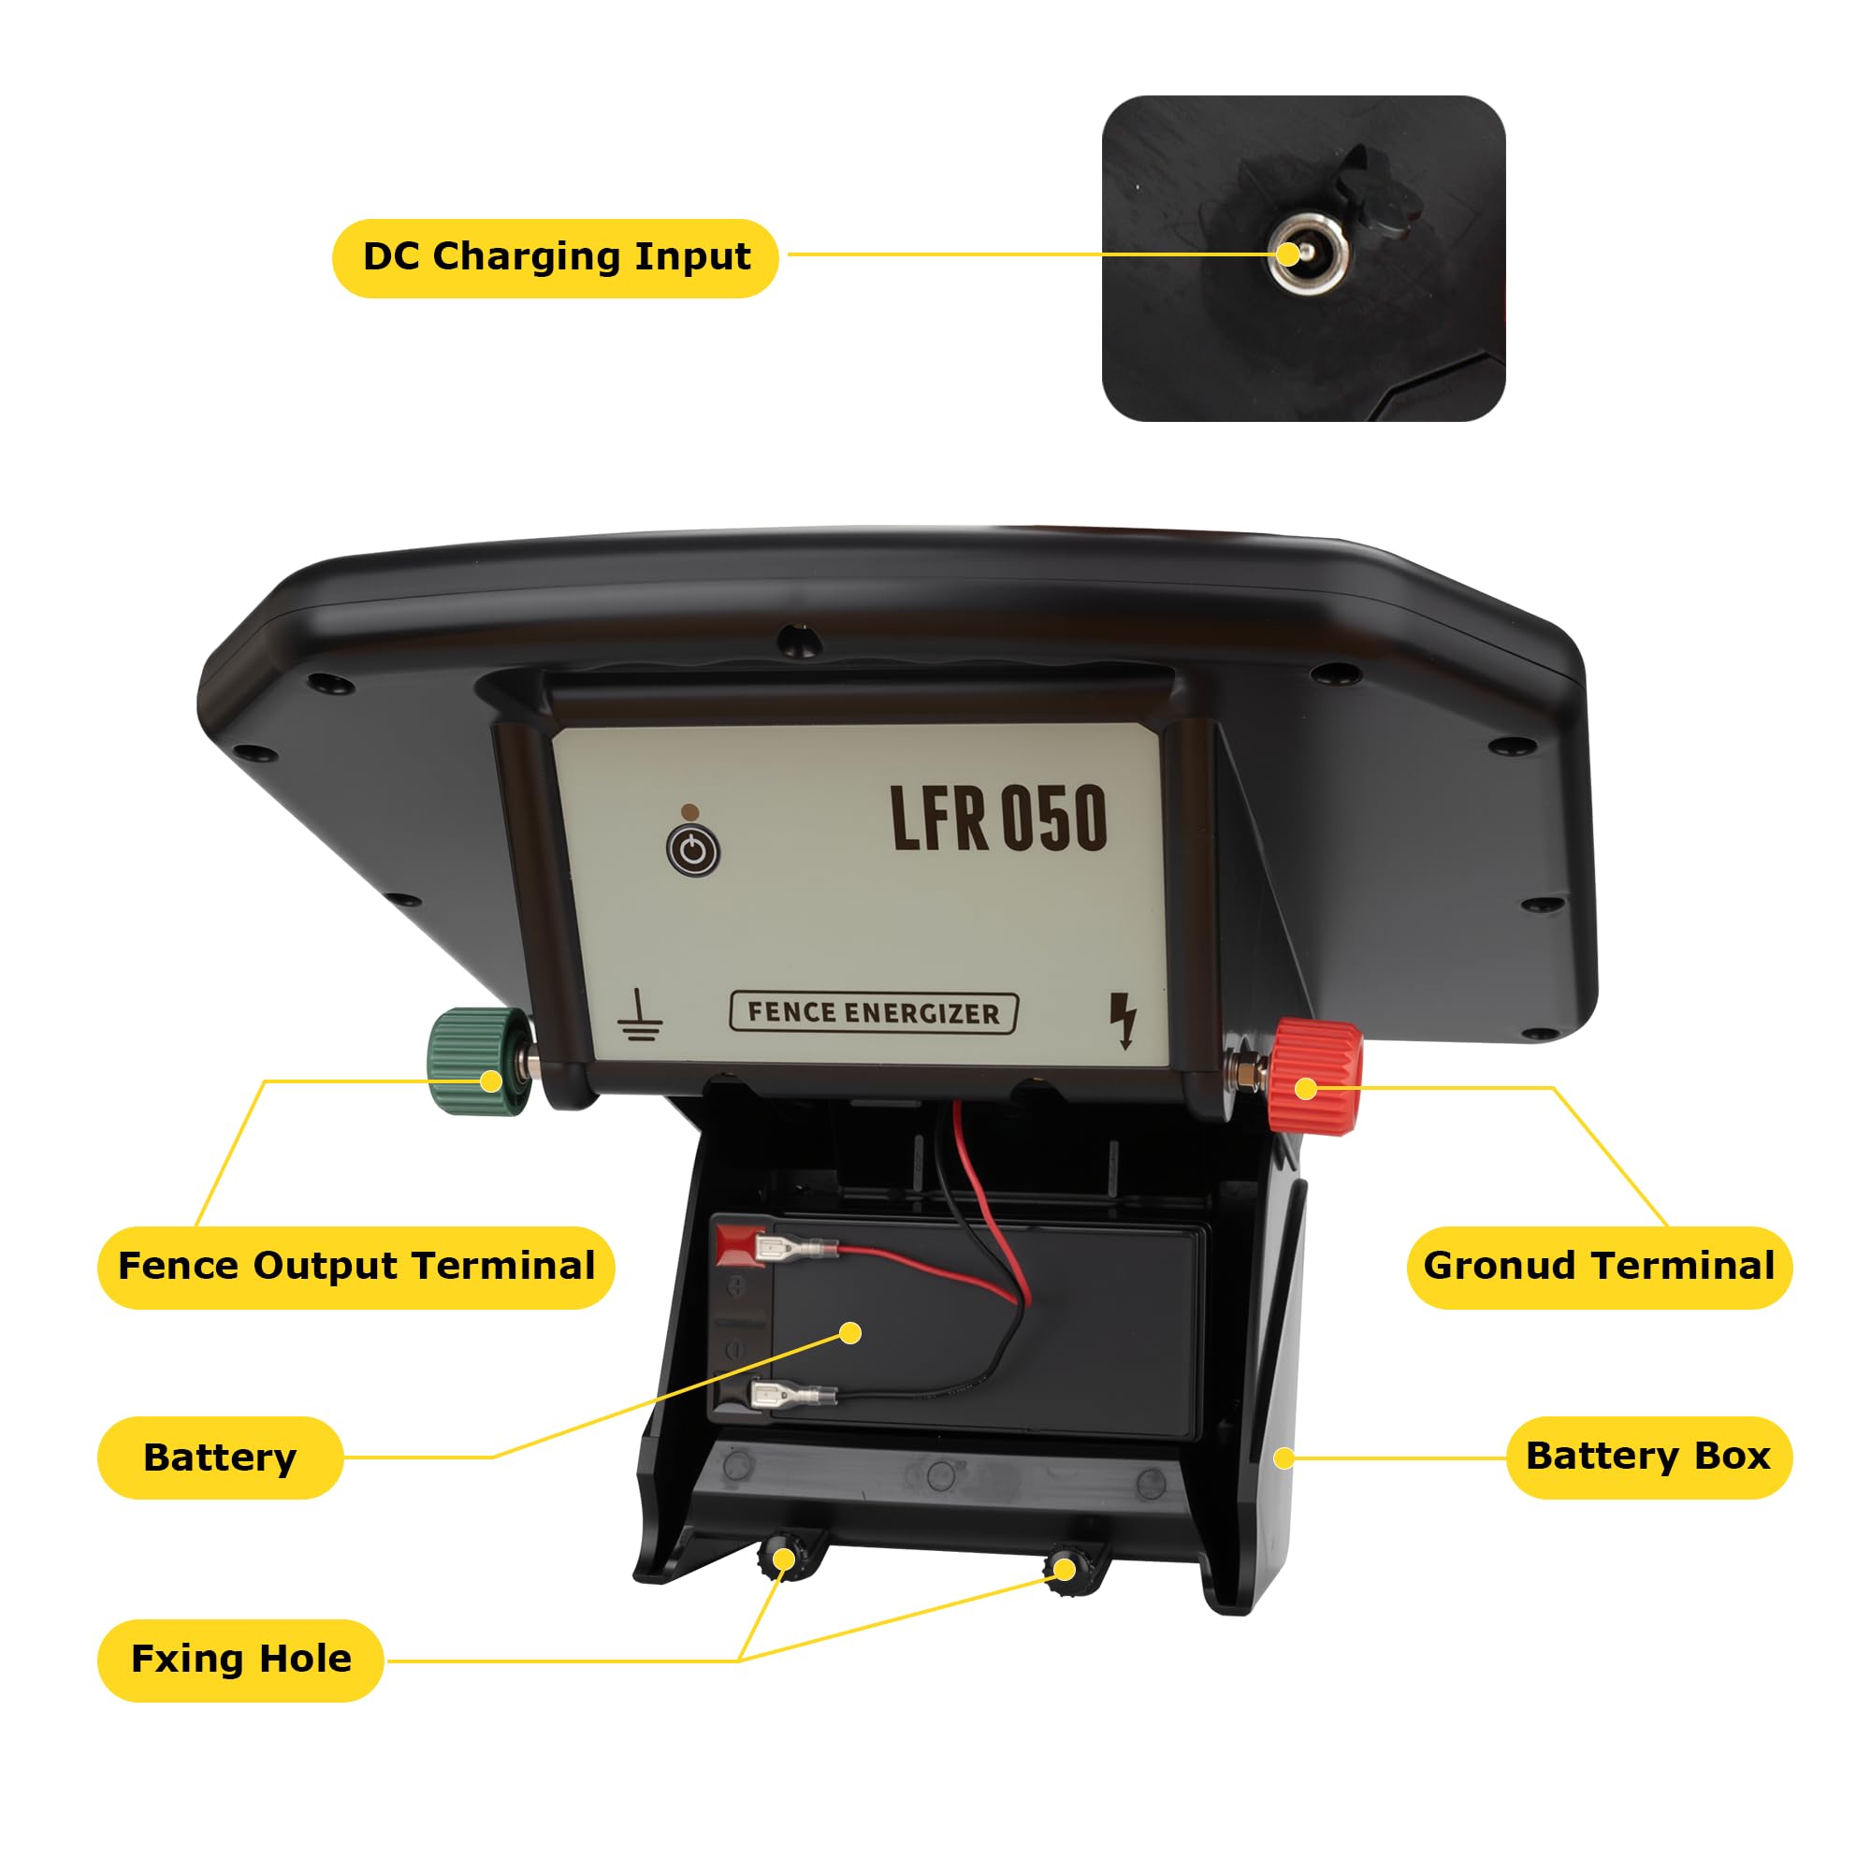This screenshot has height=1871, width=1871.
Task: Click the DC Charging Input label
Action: coord(555,257)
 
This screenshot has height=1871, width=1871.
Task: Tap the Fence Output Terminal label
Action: coord(355,1266)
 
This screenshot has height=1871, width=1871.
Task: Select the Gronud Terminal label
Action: coord(1599,1266)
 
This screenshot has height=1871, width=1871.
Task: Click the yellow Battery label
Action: coord(220,1457)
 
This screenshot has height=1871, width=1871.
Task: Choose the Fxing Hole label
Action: coord(240,1659)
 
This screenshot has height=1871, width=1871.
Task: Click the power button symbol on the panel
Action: coord(693,851)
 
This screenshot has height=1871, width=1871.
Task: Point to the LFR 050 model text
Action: coord(997,819)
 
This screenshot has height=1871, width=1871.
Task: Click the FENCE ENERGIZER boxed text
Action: coord(873,1013)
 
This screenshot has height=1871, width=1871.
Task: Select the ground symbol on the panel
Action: coord(640,1015)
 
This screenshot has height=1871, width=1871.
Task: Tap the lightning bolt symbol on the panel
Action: coord(1124,1021)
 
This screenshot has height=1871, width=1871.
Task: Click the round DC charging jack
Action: coord(1308,254)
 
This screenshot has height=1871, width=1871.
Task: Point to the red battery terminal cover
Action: coord(738,1245)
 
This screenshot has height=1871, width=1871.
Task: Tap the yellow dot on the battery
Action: coord(850,1333)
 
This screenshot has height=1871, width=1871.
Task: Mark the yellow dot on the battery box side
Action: coord(1284,1458)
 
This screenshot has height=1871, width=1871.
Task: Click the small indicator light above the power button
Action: coord(689,811)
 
